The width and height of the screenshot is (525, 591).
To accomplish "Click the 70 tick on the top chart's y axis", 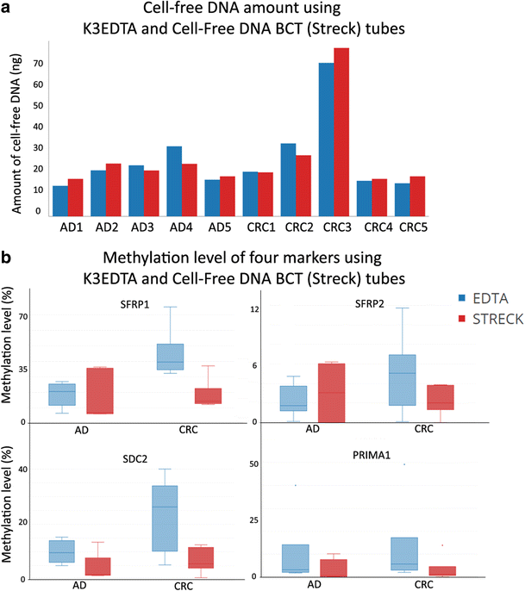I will (x=38, y=64).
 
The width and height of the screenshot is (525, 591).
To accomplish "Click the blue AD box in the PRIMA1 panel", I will (x=296, y=558).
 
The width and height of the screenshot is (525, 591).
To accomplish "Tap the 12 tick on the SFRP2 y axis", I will (x=279, y=308).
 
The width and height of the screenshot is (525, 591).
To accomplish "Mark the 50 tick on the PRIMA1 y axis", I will (x=278, y=464).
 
